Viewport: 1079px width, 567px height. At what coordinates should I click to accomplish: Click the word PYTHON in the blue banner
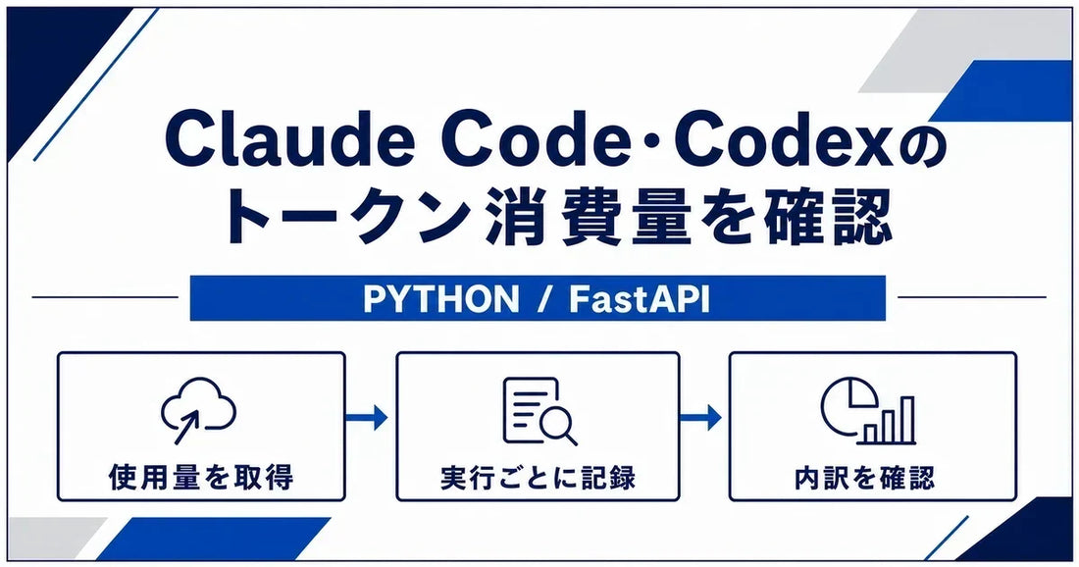441,299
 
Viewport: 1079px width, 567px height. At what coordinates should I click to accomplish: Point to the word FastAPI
639,299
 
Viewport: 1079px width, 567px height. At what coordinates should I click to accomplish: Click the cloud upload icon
198,410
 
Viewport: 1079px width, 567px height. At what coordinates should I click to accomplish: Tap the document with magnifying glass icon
539,411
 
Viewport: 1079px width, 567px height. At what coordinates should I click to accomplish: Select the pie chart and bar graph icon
868,410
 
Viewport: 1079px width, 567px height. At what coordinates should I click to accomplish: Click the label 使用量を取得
201,476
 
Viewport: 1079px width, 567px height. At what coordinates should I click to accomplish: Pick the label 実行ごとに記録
539,477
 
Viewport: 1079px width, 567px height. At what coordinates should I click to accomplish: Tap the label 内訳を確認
865,477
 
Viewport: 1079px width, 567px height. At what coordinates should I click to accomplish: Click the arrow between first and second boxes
367,416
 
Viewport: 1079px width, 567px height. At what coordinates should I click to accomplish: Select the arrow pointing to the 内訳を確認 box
700,416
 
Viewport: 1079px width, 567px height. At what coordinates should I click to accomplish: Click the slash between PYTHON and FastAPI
544,299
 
